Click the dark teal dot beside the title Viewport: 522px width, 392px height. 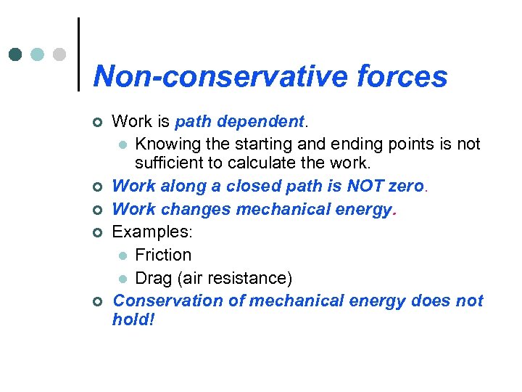16,54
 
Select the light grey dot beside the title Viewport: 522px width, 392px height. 59,54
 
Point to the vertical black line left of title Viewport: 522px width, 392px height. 78,54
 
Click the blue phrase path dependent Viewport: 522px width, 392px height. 239,122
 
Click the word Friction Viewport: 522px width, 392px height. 163,255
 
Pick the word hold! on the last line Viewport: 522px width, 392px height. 133,320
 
